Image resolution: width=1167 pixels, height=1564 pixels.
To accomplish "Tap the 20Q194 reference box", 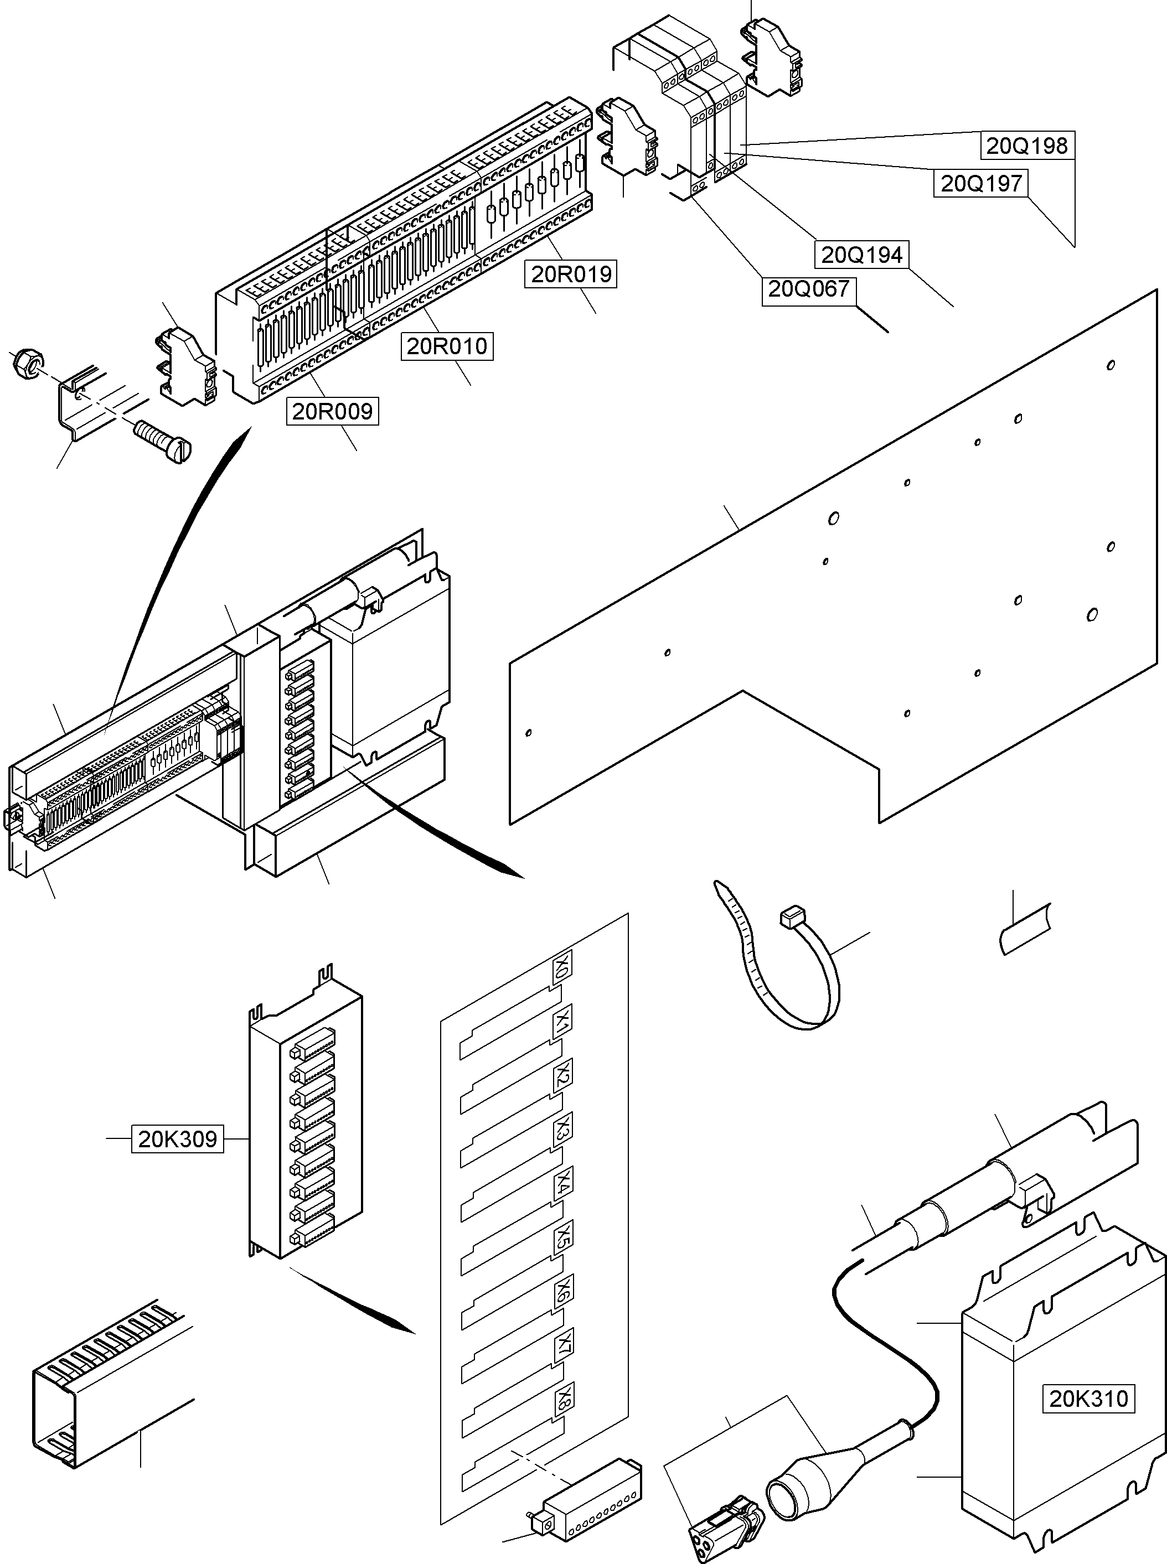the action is [862, 255].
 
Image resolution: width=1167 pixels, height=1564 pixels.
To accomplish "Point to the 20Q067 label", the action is [808, 289].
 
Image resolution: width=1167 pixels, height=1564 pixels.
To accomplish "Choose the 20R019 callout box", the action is [571, 274].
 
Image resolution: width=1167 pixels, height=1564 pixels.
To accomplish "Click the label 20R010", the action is [447, 346].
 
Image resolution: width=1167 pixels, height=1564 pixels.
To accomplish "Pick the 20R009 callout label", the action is [332, 411].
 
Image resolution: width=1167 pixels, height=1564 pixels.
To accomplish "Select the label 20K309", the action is [177, 1140].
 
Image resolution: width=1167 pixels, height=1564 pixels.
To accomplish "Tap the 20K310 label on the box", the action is [1088, 1398].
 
